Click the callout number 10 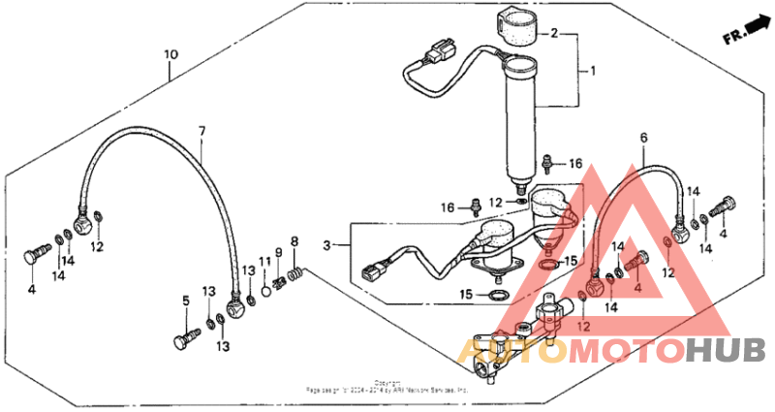pos(170,54)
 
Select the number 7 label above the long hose pos(202,130)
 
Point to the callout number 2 pos(554,33)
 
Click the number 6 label pos(643,138)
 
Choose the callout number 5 pos(186,301)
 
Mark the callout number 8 pos(294,240)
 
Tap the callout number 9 pos(279,253)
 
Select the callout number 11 pos(264,263)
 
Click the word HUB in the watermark pos(725,350)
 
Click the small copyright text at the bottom pos(387,387)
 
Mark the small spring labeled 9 pos(281,281)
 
